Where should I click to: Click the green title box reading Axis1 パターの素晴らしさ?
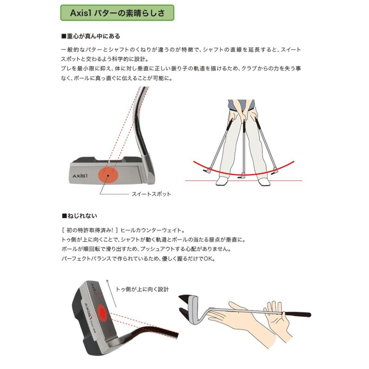(x=117, y=13)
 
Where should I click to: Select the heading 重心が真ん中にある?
(x=91, y=36)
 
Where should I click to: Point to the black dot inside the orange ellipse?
(x=108, y=175)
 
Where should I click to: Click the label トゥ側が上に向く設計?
(x=142, y=289)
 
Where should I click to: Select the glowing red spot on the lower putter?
(x=102, y=314)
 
